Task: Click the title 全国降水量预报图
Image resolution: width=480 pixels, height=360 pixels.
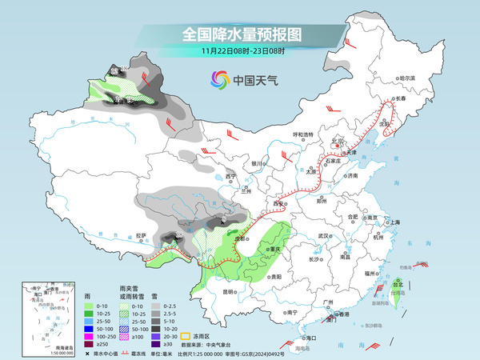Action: [x=240, y=34]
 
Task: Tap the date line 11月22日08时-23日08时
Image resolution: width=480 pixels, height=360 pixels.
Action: [x=240, y=50]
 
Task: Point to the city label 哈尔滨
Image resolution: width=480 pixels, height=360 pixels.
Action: [x=408, y=78]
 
